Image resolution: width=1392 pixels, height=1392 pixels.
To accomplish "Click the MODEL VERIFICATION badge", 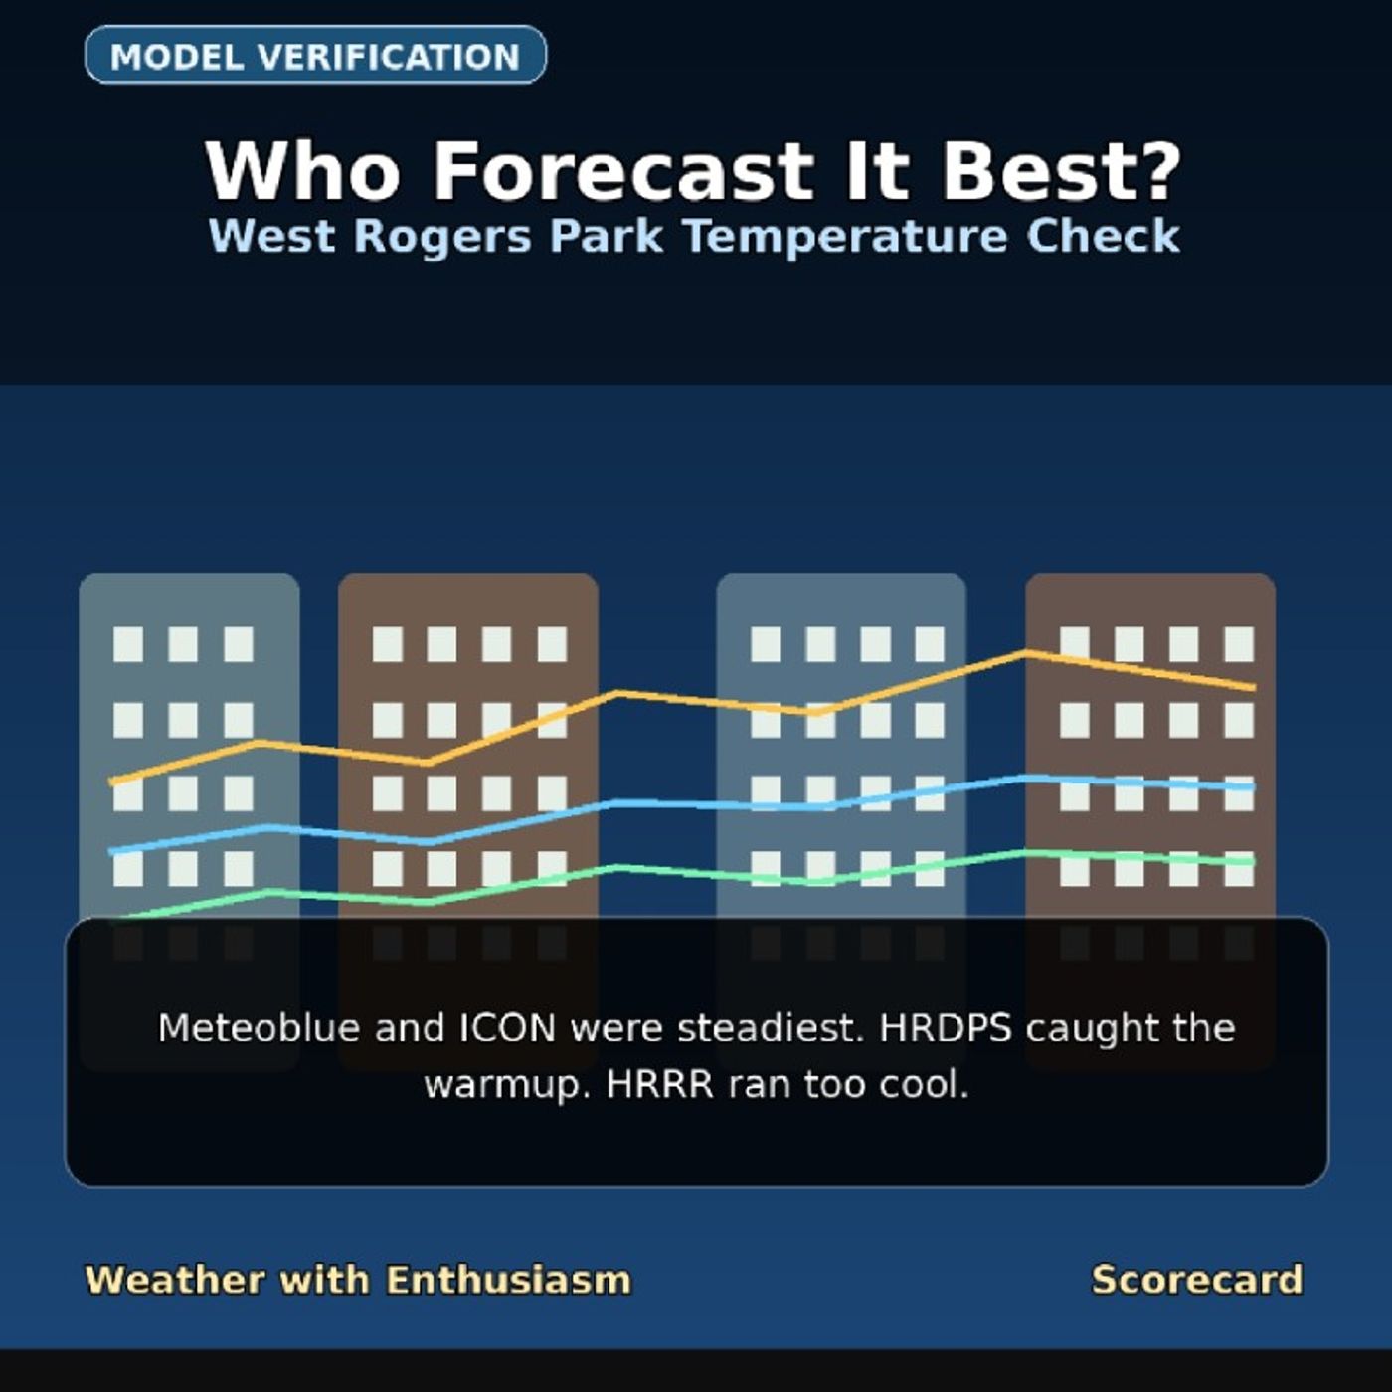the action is (x=315, y=55).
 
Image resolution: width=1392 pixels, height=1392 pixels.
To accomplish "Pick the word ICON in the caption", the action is (x=508, y=1027).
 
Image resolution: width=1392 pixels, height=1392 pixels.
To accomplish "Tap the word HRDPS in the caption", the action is (x=946, y=1027).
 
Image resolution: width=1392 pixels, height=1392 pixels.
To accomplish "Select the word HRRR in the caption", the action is (x=659, y=1084).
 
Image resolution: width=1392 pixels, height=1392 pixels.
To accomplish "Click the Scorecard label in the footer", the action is (x=1197, y=1280).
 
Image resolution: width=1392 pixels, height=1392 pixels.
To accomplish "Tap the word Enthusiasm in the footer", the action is (x=508, y=1280).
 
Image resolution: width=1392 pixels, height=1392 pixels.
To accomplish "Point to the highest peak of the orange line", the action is (x=1026, y=653).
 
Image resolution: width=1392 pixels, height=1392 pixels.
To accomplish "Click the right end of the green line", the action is (x=1254, y=862).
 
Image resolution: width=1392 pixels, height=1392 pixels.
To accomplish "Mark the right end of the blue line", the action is (x=1254, y=786).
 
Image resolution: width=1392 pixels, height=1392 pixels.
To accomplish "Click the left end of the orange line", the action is (x=110, y=782).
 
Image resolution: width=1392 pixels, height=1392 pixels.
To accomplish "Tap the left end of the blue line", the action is (x=110, y=852).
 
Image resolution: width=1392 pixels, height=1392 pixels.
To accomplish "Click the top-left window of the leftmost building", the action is (x=128, y=644).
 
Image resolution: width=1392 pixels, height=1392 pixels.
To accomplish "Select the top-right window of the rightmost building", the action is (x=1239, y=644).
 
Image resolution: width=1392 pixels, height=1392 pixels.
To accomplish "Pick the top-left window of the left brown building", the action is (x=387, y=644).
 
